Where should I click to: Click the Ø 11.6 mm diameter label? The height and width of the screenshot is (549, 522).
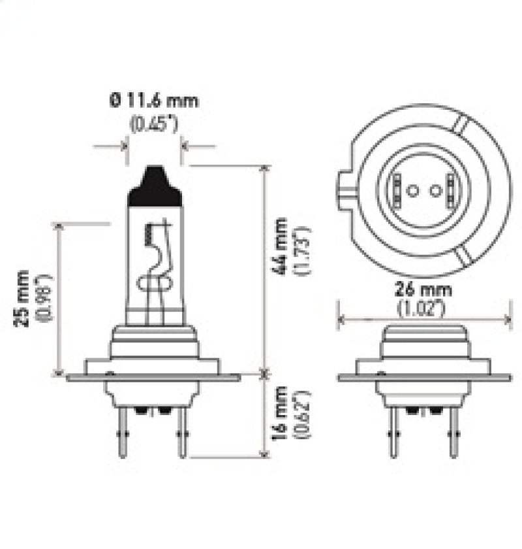pyautogui.click(x=153, y=101)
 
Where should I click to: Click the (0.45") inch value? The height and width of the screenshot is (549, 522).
pyautogui.click(x=153, y=124)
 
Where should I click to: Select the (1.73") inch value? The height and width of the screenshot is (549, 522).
pyautogui.click(x=302, y=250)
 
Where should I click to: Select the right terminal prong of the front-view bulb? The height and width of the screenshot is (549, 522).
pyautogui.click(x=182, y=435)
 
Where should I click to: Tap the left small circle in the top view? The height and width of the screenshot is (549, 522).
pyautogui.click(x=412, y=190)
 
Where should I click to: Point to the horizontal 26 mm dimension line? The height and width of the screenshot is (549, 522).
pyautogui.click(x=424, y=320)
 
